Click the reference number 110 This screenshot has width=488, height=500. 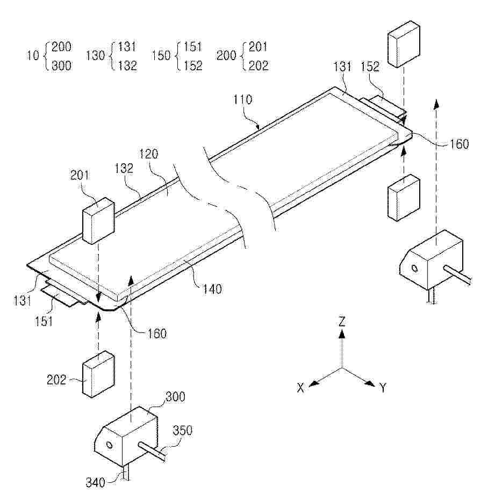[243, 100]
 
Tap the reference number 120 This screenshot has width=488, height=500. [149, 154]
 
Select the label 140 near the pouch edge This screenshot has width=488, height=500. [212, 289]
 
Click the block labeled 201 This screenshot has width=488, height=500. [98, 221]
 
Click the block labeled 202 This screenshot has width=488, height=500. [98, 374]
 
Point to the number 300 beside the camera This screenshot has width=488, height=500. [176, 397]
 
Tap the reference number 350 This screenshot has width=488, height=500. [183, 431]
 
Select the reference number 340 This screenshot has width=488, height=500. [95, 482]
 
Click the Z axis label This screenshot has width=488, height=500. [342, 321]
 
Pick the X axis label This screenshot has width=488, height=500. [300, 388]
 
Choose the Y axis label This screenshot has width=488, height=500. [383, 388]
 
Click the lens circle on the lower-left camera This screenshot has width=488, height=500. [109, 445]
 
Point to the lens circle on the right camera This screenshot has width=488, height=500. [414, 269]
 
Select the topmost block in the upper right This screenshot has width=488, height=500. [404, 45]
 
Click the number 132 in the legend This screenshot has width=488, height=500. [127, 66]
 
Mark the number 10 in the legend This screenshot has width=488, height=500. [33, 55]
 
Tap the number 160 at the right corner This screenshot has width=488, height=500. [460, 144]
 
